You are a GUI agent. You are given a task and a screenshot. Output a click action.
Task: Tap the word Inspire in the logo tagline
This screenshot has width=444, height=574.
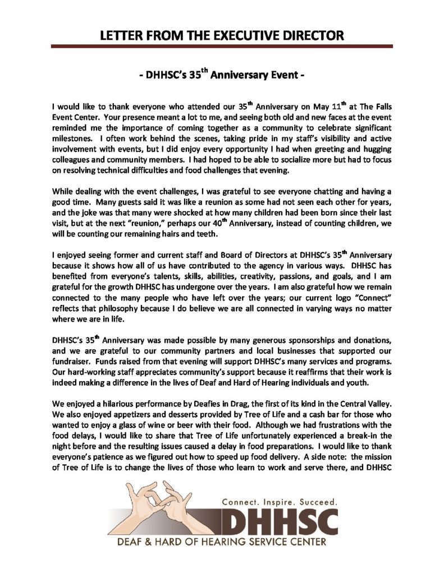coord(280,501)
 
